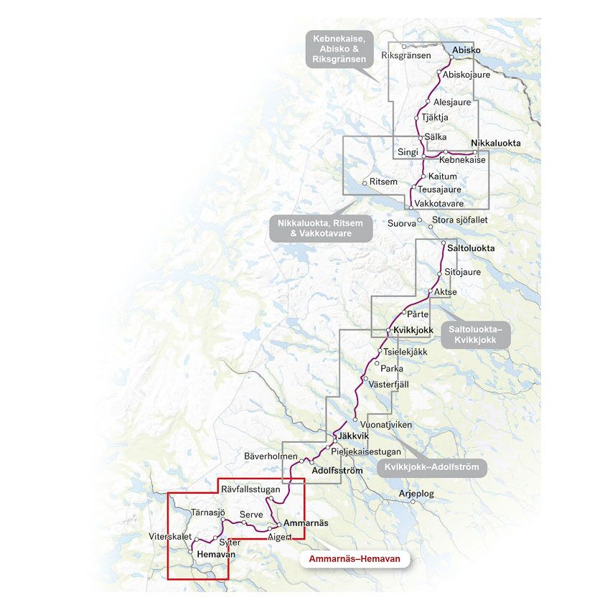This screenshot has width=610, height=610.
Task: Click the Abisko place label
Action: point(466,50)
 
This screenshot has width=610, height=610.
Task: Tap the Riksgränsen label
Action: point(406,55)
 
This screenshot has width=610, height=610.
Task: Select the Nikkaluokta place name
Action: point(495,144)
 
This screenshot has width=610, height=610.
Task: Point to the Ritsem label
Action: point(383,182)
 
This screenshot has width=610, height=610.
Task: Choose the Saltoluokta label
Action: point(471,248)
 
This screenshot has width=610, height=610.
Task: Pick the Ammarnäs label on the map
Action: point(306,523)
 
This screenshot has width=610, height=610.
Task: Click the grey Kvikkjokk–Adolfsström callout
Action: point(432,467)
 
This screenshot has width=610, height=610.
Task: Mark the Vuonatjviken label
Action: point(388,424)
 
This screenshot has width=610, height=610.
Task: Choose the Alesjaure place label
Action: point(452,102)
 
